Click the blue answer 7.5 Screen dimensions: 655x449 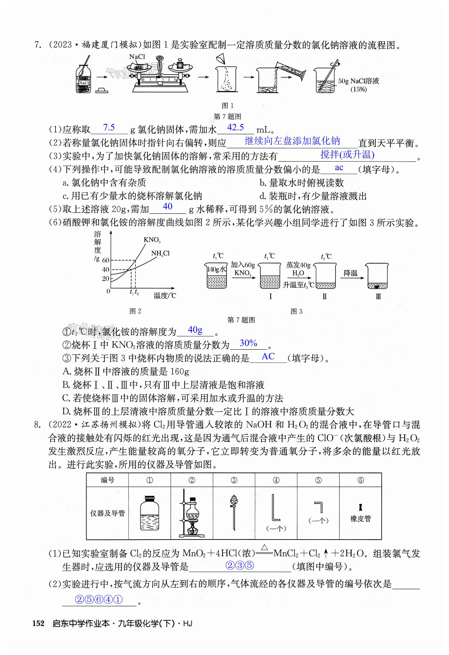109,128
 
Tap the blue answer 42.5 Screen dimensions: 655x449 235,128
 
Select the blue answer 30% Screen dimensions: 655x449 248,343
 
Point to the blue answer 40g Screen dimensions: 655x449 195,330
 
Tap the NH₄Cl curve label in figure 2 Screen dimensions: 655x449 160,253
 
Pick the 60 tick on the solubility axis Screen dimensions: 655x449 106,260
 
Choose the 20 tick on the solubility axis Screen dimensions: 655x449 106,278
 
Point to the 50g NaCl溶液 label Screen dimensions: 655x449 358,81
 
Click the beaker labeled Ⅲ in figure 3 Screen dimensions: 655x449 377,277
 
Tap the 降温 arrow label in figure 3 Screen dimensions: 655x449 350,273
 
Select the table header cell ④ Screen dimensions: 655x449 276,480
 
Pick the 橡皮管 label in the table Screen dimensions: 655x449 361,519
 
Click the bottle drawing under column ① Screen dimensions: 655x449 149,513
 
